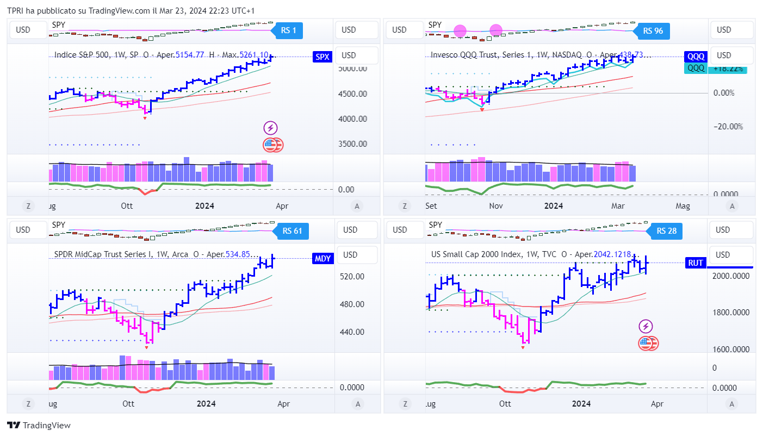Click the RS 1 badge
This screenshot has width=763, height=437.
coord(289,30)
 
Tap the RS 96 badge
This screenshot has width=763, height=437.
coord(653,31)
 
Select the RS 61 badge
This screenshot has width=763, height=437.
coord(292,231)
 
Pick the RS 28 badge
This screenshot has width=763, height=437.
coord(666,231)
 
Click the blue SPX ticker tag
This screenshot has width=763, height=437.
coord(322,56)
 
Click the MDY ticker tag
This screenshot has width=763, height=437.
coord(322,259)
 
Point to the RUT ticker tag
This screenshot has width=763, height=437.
coord(696,263)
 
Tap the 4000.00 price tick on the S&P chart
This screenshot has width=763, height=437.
coord(352,118)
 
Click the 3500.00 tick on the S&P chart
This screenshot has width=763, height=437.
coord(352,144)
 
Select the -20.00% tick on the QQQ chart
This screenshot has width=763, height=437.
coord(728,127)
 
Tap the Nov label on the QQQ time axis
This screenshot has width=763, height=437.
coord(495,206)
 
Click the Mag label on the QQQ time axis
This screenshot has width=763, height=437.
coord(683,206)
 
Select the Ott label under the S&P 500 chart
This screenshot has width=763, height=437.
coord(127,206)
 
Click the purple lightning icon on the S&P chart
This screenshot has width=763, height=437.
coord(270,128)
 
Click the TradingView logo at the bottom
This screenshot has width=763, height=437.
coord(39,426)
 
